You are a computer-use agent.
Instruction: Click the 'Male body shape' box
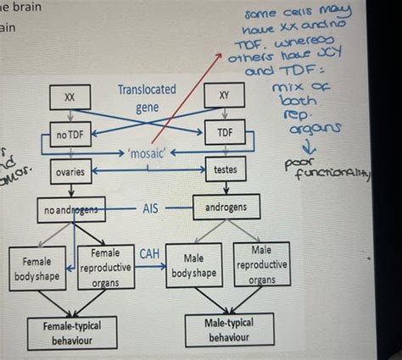[x=193, y=266]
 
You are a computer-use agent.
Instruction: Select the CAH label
[x=149, y=252]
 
